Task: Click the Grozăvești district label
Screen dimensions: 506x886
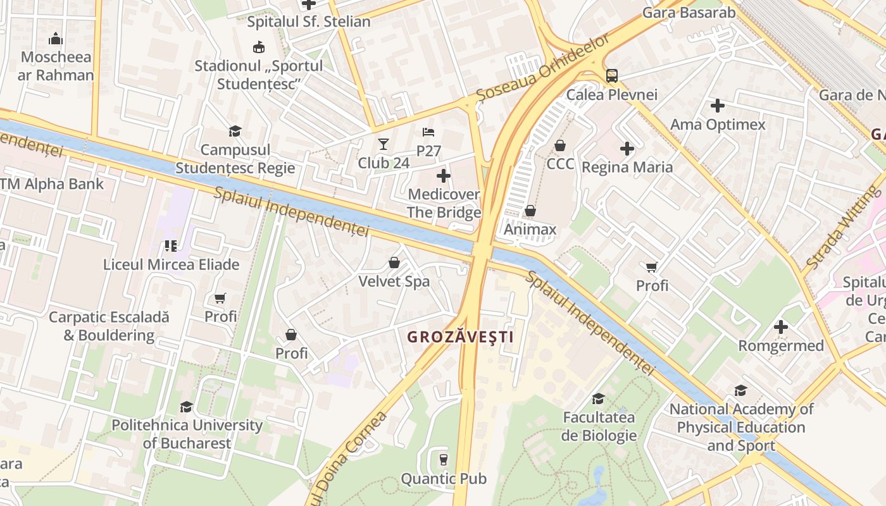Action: (460, 337)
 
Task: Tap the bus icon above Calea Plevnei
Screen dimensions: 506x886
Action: (611, 76)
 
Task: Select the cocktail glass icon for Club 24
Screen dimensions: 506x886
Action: (383, 144)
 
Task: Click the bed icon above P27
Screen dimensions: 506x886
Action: (428, 132)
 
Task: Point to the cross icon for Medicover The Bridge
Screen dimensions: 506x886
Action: (444, 175)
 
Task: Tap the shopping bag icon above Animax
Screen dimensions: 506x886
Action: (530, 211)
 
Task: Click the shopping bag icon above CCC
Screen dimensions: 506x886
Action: (560, 145)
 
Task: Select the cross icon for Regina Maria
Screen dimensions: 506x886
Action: (627, 149)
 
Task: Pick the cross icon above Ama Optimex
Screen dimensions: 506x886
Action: (717, 106)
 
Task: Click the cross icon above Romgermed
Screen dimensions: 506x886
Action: (781, 327)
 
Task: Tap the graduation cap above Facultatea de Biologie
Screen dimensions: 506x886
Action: (598, 398)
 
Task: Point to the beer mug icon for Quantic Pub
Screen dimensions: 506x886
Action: (443, 460)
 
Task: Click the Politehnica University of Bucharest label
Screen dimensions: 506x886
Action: (187, 434)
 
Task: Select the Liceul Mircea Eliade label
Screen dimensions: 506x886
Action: (171, 264)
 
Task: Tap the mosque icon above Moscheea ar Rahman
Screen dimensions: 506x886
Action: (56, 39)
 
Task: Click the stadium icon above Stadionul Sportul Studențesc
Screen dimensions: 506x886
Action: (258, 47)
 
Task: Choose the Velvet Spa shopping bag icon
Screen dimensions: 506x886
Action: (394, 262)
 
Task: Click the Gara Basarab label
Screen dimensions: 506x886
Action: (689, 13)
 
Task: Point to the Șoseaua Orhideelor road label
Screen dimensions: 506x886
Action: (543, 66)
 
